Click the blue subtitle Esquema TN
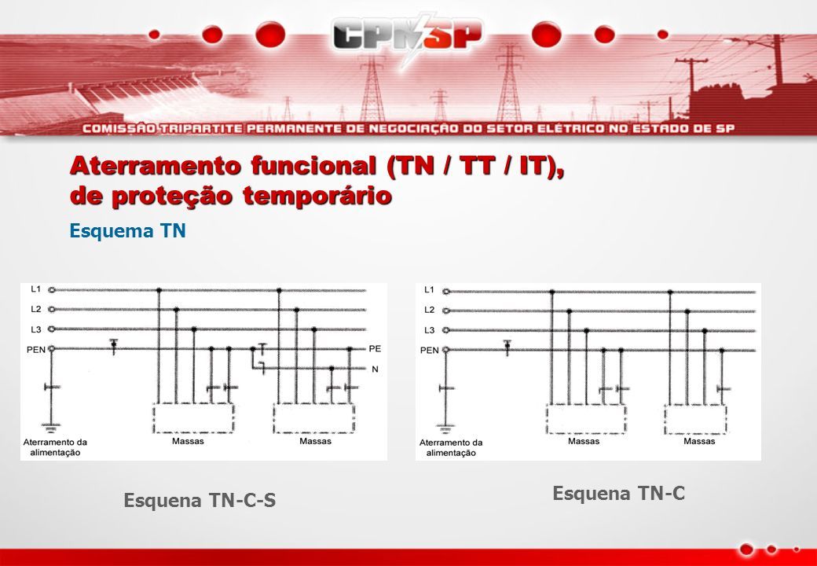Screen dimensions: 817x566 click(x=127, y=230)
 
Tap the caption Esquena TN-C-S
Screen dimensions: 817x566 click(x=200, y=500)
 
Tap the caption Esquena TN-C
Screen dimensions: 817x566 click(x=618, y=493)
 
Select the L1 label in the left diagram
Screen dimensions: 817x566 click(x=35, y=289)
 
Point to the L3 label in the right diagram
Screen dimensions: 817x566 click(x=429, y=330)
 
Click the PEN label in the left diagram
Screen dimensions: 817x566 click(x=36, y=350)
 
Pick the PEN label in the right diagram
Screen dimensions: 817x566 click(x=430, y=351)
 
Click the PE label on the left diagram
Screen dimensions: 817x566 click(x=375, y=349)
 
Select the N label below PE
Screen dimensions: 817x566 click(x=376, y=369)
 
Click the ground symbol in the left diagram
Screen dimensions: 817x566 click(x=51, y=428)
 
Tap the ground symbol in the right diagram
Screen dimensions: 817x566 click(x=445, y=429)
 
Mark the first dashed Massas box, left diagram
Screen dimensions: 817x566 click(x=193, y=418)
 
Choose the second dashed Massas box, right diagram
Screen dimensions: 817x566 click(x=695, y=419)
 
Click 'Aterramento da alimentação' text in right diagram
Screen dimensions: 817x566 click(x=451, y=448)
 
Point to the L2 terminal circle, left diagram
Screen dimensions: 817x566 click(x=52, y=309)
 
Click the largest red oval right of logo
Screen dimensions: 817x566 click(x=547, y=35)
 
